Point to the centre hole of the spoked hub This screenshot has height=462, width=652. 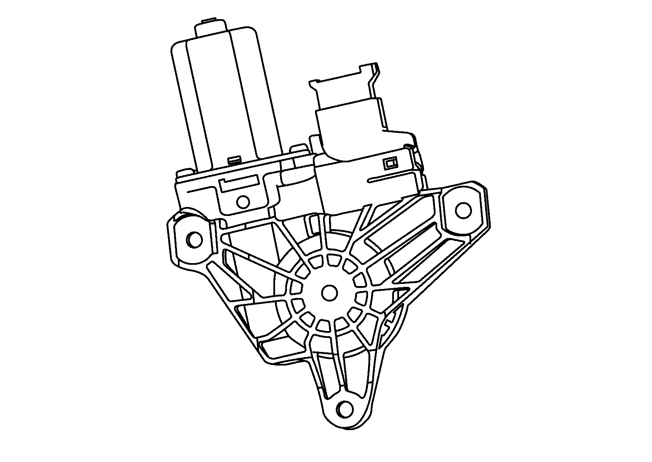[x=329, y=292]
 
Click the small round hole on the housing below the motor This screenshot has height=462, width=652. [x=243, y=201]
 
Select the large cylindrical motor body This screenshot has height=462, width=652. [x=225, y=98]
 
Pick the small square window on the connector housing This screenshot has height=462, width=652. [x=390, y=163]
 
